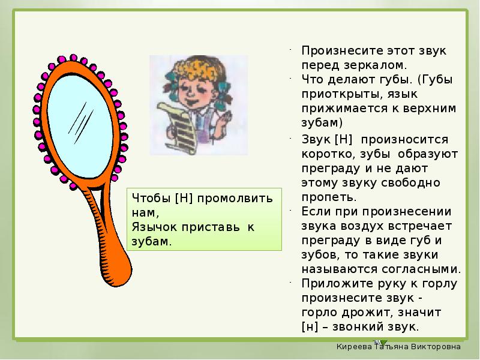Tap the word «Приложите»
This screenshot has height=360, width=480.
tap(334, 284)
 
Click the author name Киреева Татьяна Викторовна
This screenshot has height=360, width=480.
tap(398, 347)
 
